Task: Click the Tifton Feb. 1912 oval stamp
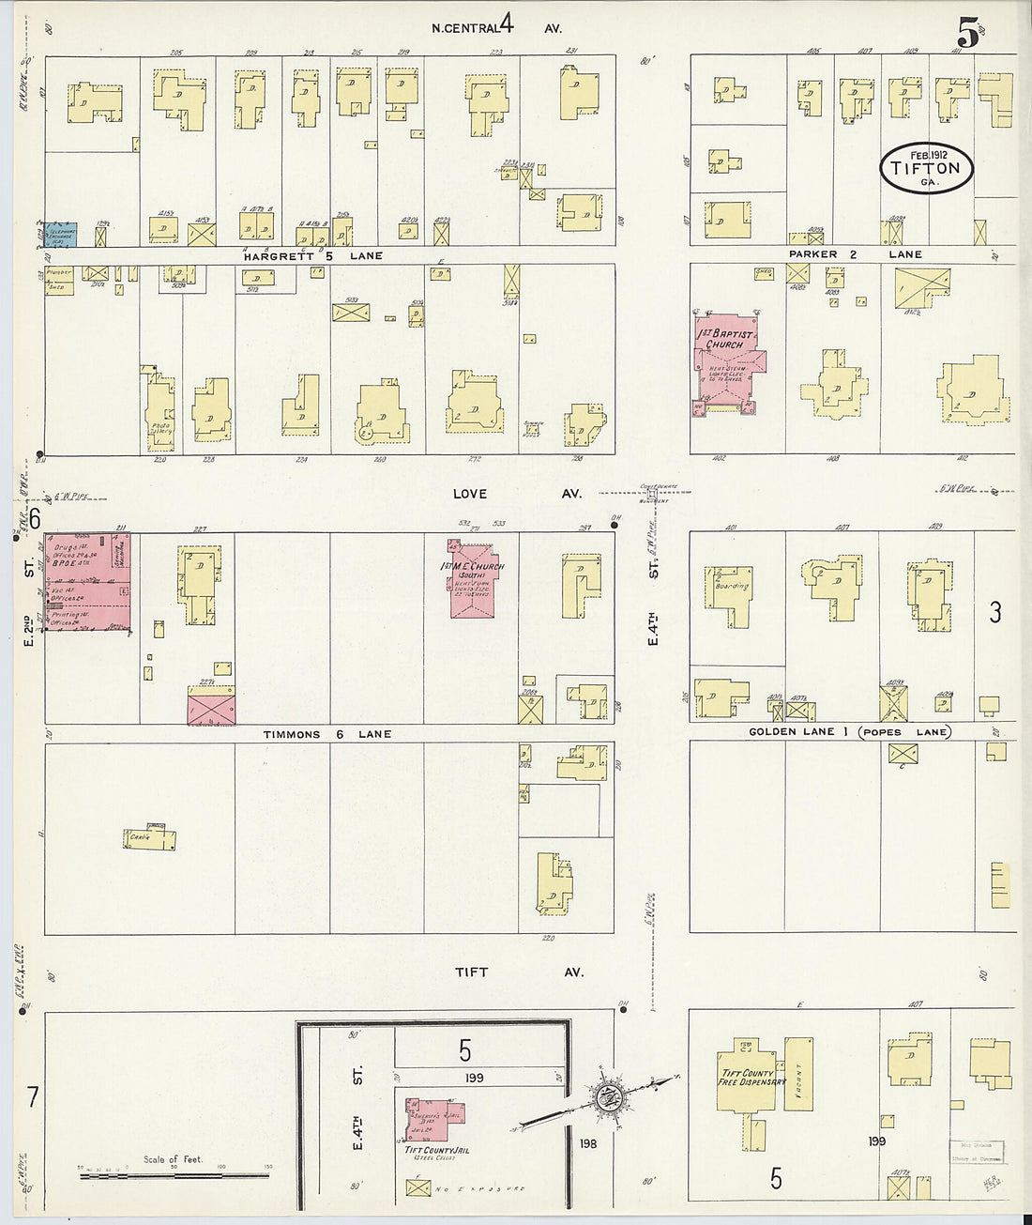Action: click(926, 168)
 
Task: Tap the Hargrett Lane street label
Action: click(312, 255)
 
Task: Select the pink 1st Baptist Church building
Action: click(728, 361)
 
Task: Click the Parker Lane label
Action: click(855, 254)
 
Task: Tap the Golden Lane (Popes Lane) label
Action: click(848, 731)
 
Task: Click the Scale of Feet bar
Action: click(174, 1172)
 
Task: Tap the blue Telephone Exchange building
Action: click(61, 235)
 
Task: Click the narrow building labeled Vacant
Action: click(798, 1074)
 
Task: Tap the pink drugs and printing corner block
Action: click(87, 582)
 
